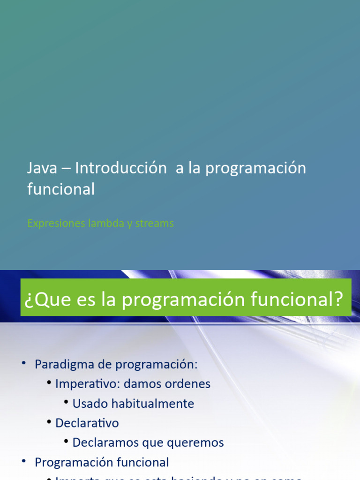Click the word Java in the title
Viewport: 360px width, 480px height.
coord(40,169)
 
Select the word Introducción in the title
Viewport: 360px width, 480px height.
coord(121,169)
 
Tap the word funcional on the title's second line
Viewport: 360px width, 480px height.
coord(61,189)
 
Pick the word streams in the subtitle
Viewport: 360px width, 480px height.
coord(154,223)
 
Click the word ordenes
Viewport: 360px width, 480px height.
coord(189,384)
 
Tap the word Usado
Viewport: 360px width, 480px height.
coord(89,404)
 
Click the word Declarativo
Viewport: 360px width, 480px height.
coord(87,423)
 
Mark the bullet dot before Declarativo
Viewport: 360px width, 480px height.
coord(49,422)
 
